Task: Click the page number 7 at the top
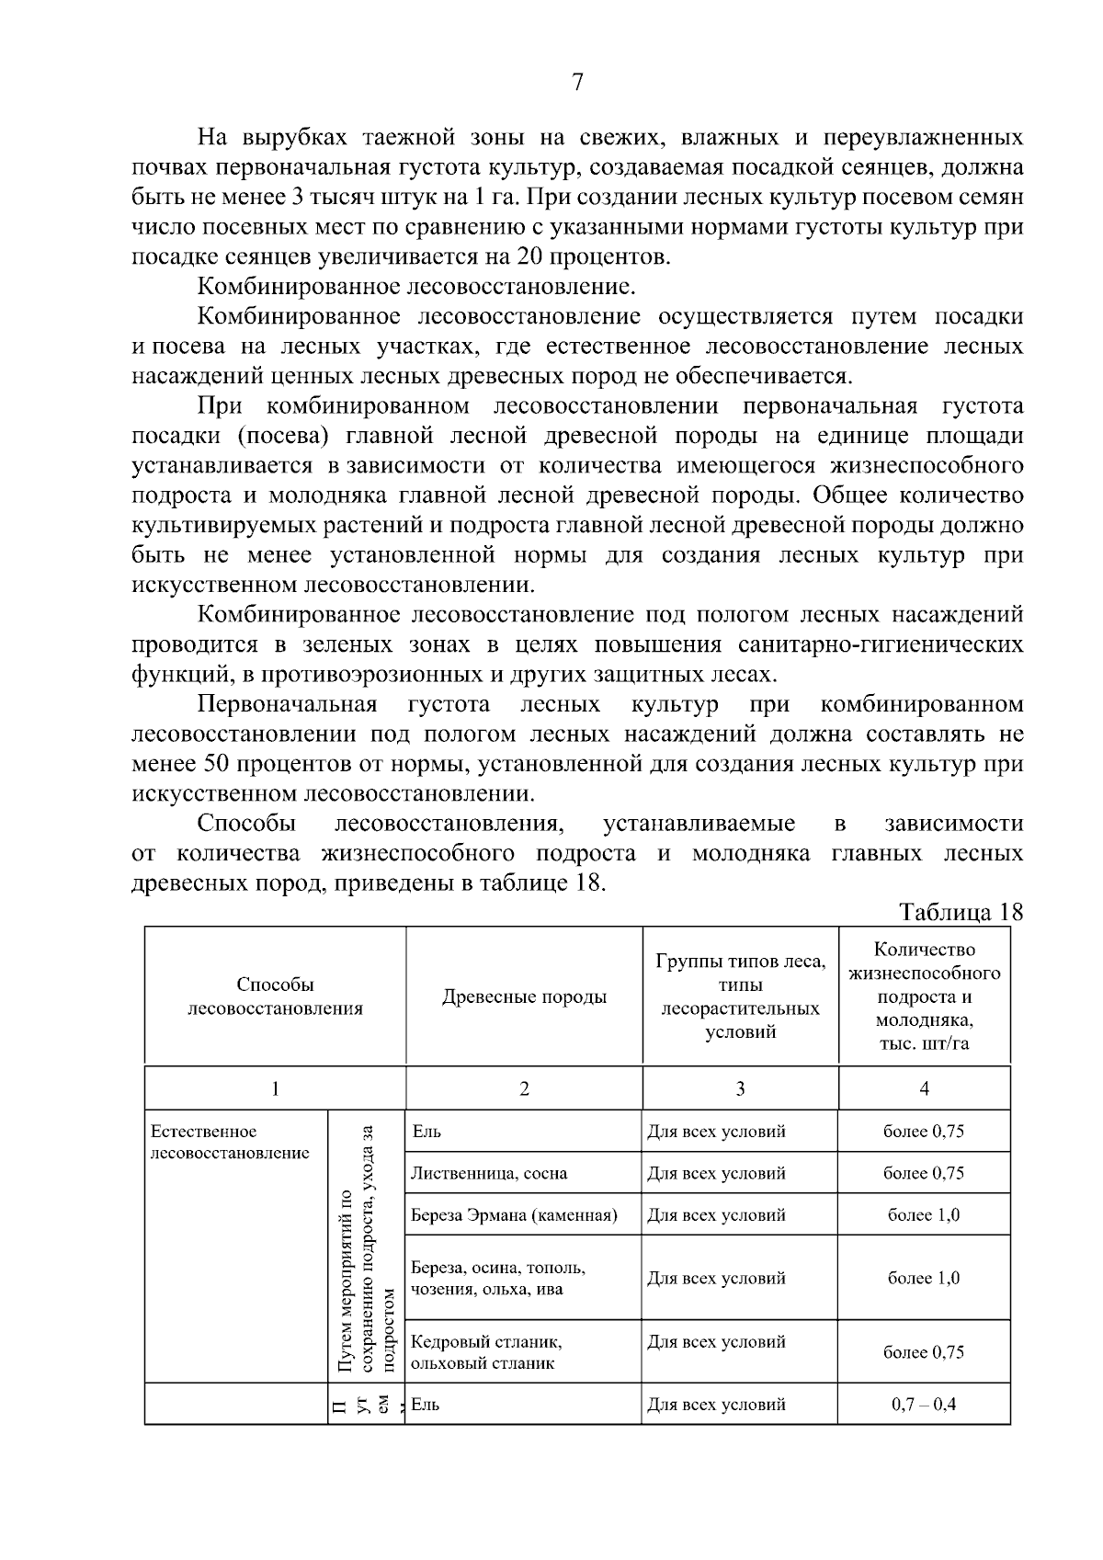(577, 82)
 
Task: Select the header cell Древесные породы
(524, 996)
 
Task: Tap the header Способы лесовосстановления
(275, 996)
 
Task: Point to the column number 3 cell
(740, 1088)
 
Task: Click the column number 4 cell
(924, 1088)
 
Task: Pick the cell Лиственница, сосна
(489, 1173)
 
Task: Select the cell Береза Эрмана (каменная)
(514, 1215)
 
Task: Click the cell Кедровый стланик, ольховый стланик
(486, 1351)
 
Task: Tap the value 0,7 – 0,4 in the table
(924, 1405)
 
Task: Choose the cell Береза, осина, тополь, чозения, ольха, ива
(498, 1278)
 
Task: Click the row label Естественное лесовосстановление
(230, 1142)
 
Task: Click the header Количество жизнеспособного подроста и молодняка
(924, 996)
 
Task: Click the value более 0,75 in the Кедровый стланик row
(924, 1352)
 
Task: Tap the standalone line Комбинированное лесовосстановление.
(416, 286)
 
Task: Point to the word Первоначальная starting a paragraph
(287, 704)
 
